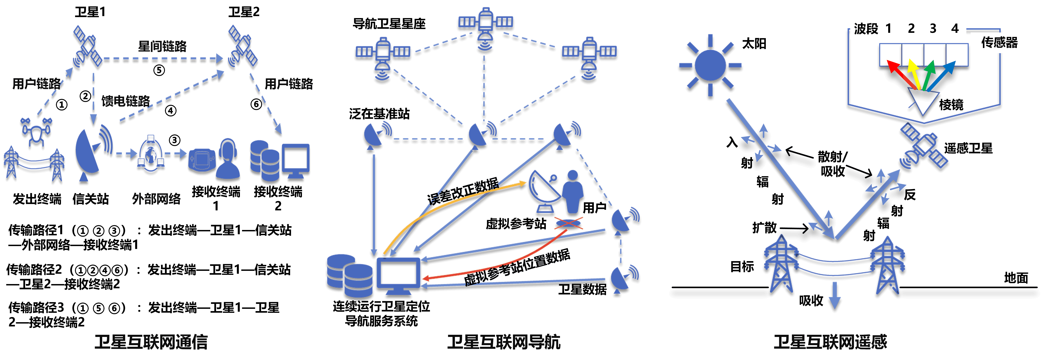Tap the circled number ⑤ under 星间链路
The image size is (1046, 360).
[159, 70]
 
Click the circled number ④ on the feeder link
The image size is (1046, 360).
[171, 110]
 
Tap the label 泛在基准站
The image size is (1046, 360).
[379, 114]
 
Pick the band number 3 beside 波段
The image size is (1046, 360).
[933, 28]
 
